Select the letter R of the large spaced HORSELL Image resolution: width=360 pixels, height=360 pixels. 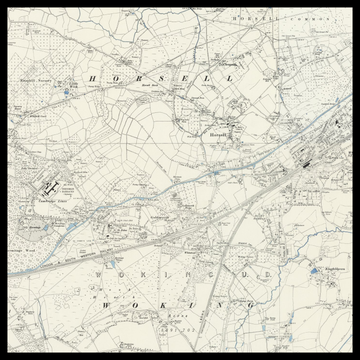pos(145,77)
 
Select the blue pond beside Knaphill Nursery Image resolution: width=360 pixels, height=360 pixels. pos(66,92)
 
